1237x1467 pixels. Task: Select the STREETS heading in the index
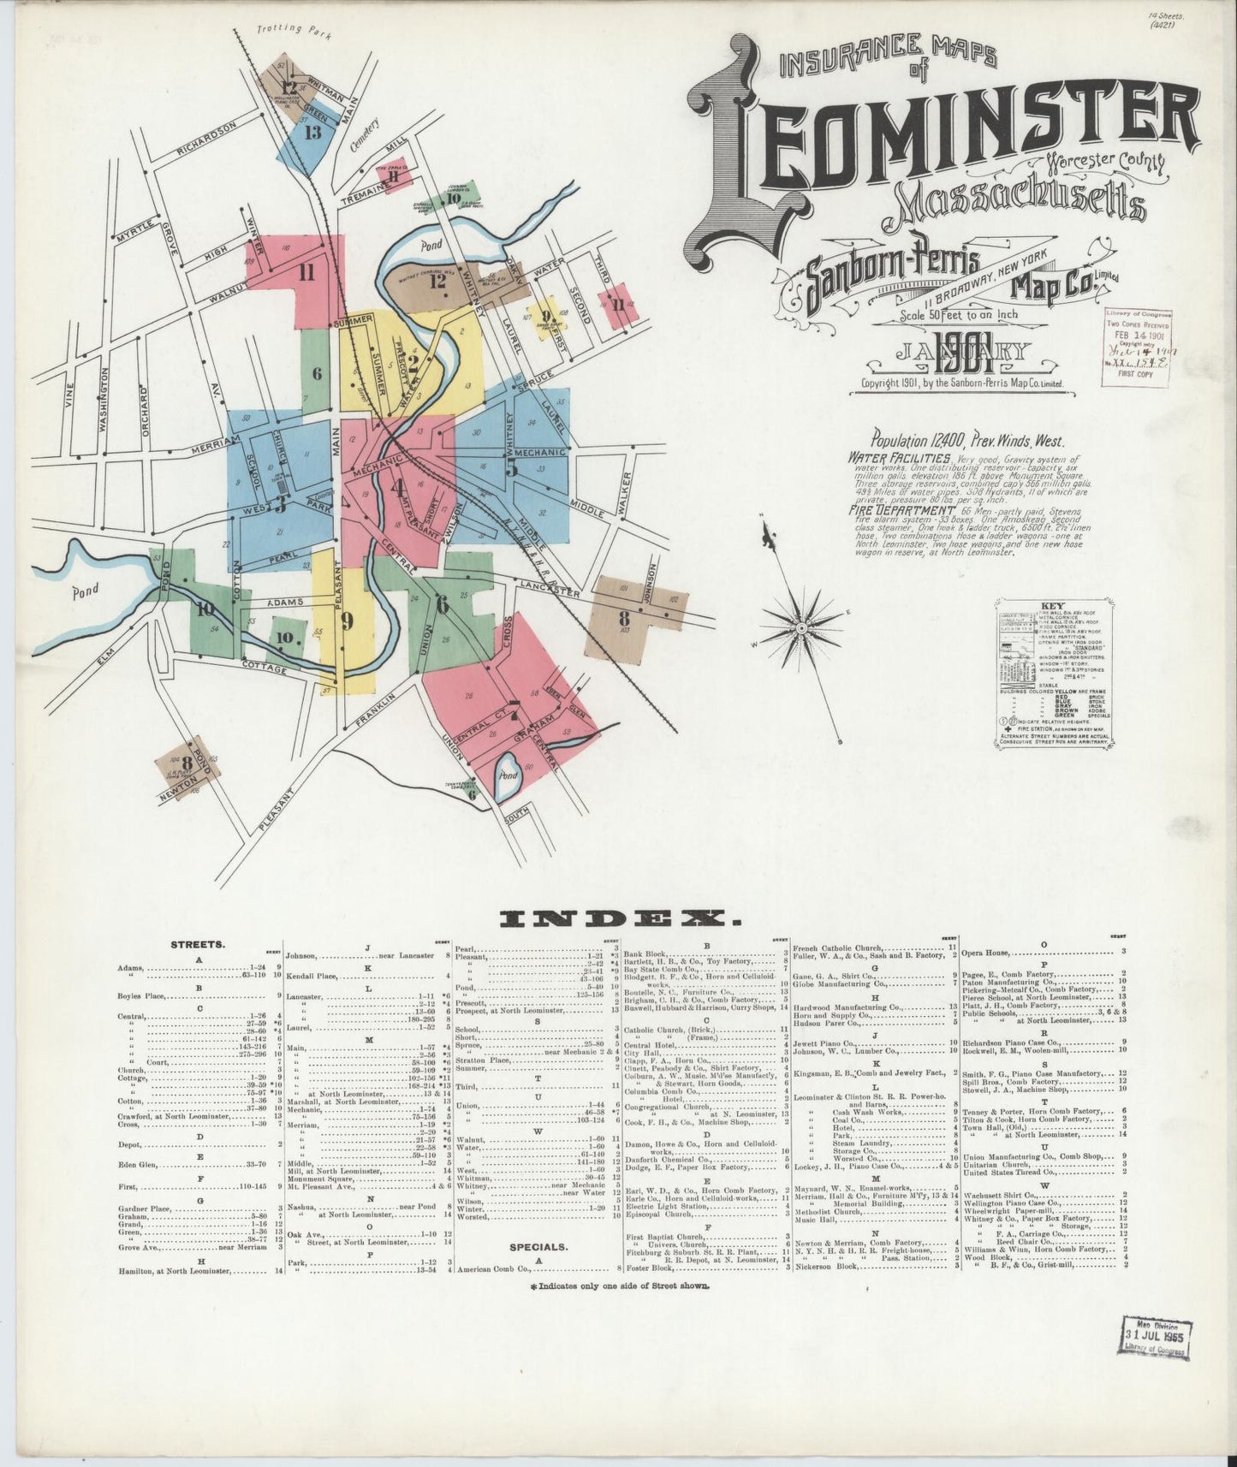click(198, 946)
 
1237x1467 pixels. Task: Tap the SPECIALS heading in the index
click(538, 1247)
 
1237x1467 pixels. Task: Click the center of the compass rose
click(801, 627)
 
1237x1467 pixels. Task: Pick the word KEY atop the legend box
click(1053, 604)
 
